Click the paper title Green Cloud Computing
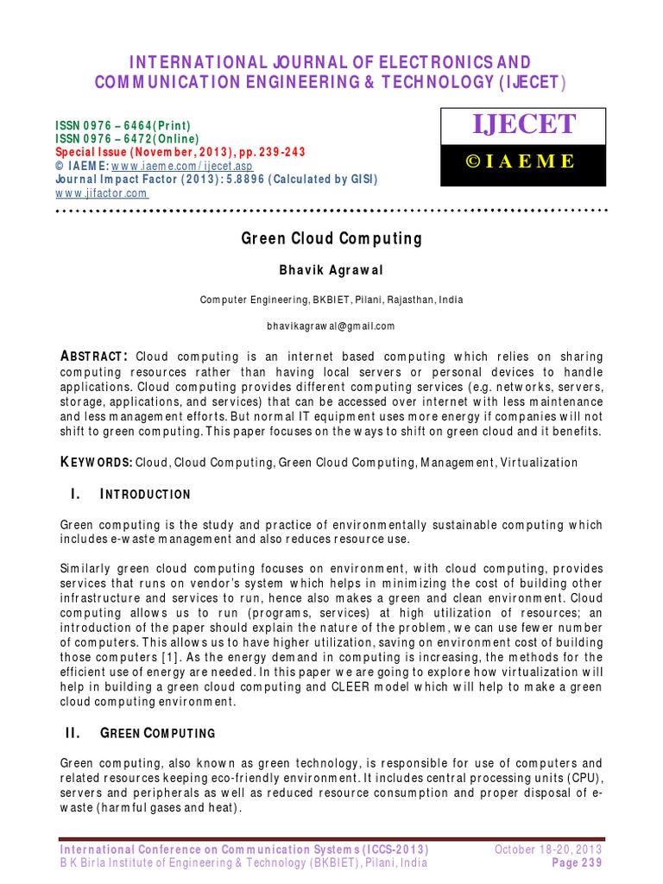click(x=331, y=239)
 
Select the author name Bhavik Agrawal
click(x=331, y=269)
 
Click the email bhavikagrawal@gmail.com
click(x=331, y=325)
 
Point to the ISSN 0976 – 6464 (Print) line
click(x=123, y=125)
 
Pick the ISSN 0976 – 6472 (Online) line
click(x=127, y=139)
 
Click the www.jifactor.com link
click(x=101, y=193)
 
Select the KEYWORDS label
click(x=96, y=463)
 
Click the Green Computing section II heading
click(x=158, y=733)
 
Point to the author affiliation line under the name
click(x=331, y=300)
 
